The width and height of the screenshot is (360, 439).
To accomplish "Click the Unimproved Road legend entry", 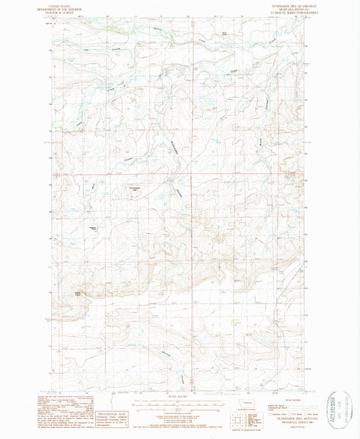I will click(269, 409).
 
